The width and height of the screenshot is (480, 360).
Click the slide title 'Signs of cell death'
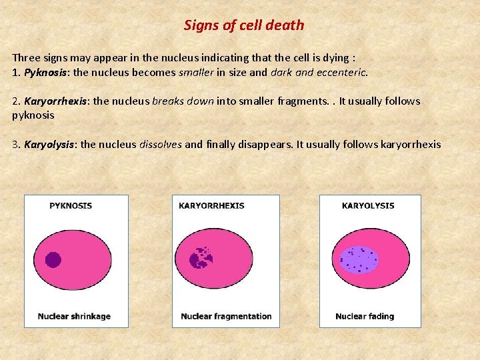coord(243,25)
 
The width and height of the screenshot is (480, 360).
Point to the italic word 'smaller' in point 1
coord(195,72)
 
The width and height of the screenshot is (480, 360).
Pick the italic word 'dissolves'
coord(160,144)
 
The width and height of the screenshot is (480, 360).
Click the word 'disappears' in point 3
coord(265,144)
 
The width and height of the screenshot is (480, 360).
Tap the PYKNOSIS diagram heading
coord(71,206)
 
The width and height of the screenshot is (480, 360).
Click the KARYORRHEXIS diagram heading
coord(211,206)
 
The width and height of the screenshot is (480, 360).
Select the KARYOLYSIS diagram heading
coord(368,206)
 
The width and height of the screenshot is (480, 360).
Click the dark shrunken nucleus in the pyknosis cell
coord(53,260)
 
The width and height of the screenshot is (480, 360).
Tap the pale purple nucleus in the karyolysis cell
coord(359,260)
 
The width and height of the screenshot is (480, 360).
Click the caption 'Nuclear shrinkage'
coord(74,316)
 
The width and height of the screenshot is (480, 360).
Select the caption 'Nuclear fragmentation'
coord(226,316)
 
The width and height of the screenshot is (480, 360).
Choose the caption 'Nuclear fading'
coord(365,316)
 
